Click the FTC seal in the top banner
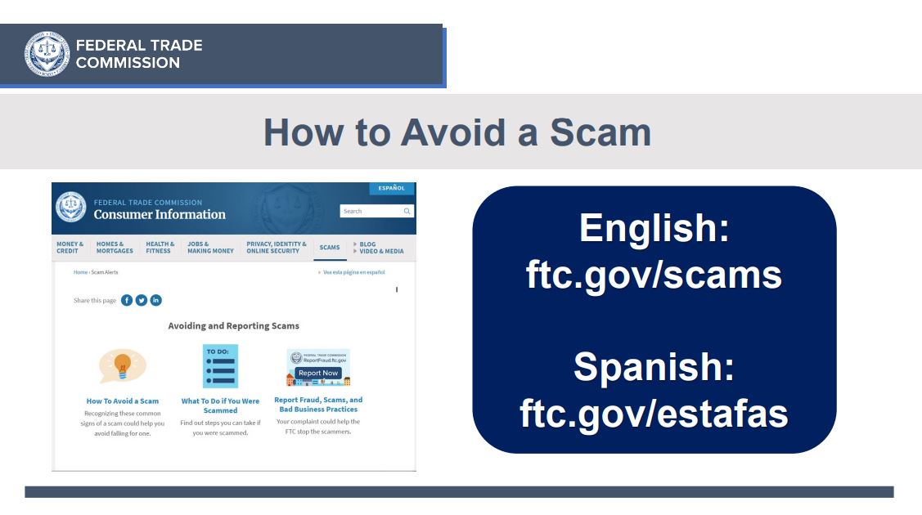coord(47,54)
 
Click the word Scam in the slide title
coord(600,132)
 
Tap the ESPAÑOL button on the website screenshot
coord(392,188)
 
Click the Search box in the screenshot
coord(377,211)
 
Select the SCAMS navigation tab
coord(329,247)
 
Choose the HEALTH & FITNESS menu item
coord(160,247)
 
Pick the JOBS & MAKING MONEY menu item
coord(210,247)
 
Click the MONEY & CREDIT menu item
coord(70,247)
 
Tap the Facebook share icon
coord(127,300)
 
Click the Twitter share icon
coord(141,300)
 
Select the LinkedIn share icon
coord(155,300)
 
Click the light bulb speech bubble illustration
coord(123,365)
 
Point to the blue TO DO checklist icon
coord(221,366)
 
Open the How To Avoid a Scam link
coord(123,401)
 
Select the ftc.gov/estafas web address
coord(654,414)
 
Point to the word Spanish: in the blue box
coord(654,366)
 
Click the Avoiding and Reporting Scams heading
coord(233,326)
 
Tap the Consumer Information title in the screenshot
coord(160,214)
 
